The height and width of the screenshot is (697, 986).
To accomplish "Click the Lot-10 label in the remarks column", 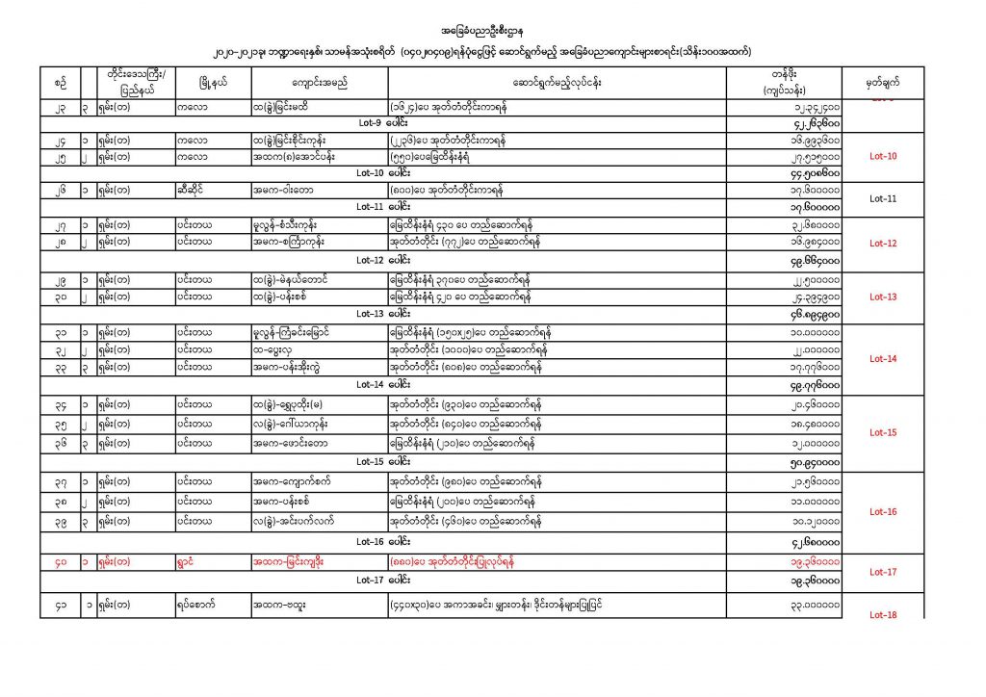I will pyautogui.click(x=883, y=156).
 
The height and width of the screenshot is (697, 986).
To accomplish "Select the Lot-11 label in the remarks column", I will pyautogui.click(x=883, y=198).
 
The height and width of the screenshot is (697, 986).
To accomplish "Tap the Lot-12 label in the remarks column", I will pyautogui.click(x=883, y=244).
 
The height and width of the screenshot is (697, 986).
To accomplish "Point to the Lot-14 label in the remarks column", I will pyautogui.click(x=883, y=358).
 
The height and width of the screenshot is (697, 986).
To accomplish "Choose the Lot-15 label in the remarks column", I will pyautogui.click(x=883, y=432).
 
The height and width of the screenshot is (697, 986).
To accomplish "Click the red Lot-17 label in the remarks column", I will pyautogui.click(x=883, y=572).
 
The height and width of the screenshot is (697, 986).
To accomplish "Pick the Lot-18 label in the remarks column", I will pyautogui.click(x=883, y=614).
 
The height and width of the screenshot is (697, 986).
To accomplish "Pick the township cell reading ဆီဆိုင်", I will pyautogui.click(x=192, y=191).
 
